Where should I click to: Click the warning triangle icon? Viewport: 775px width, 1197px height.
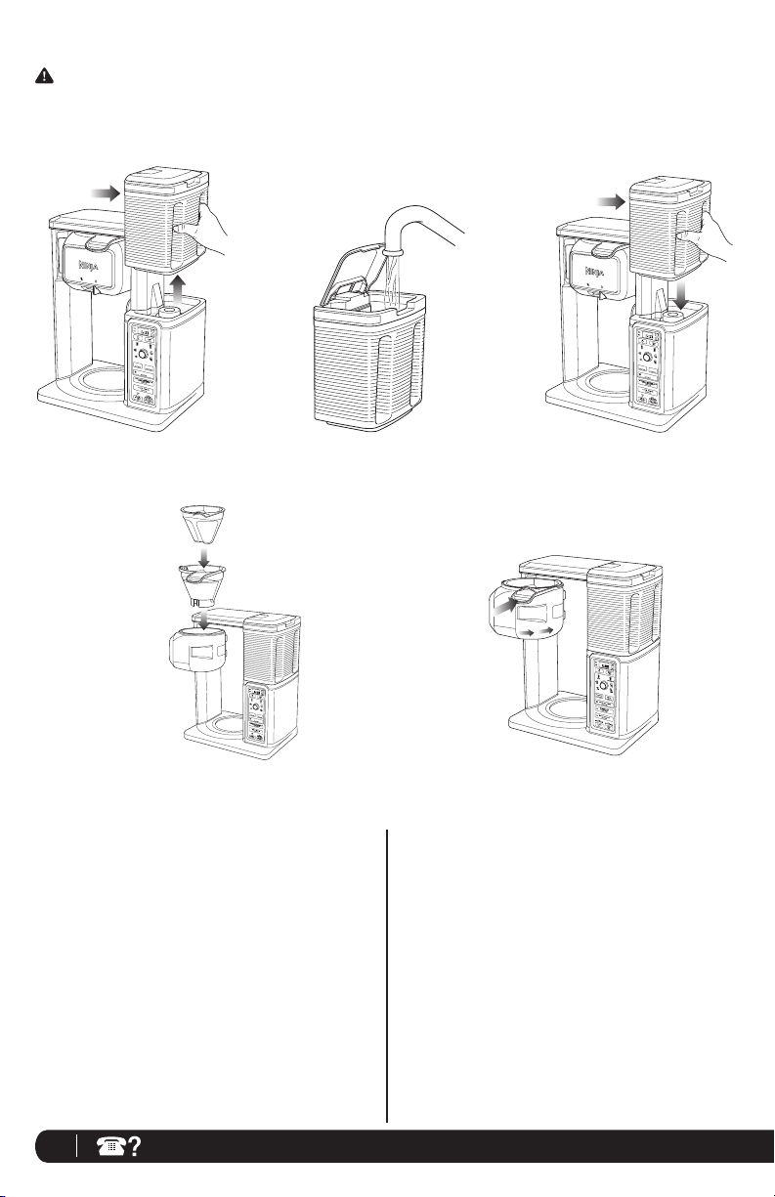click(x=45, y=74)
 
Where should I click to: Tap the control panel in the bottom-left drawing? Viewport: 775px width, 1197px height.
click(x=260, y=718)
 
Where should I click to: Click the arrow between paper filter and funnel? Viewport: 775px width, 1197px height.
click(x=203, y=556)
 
